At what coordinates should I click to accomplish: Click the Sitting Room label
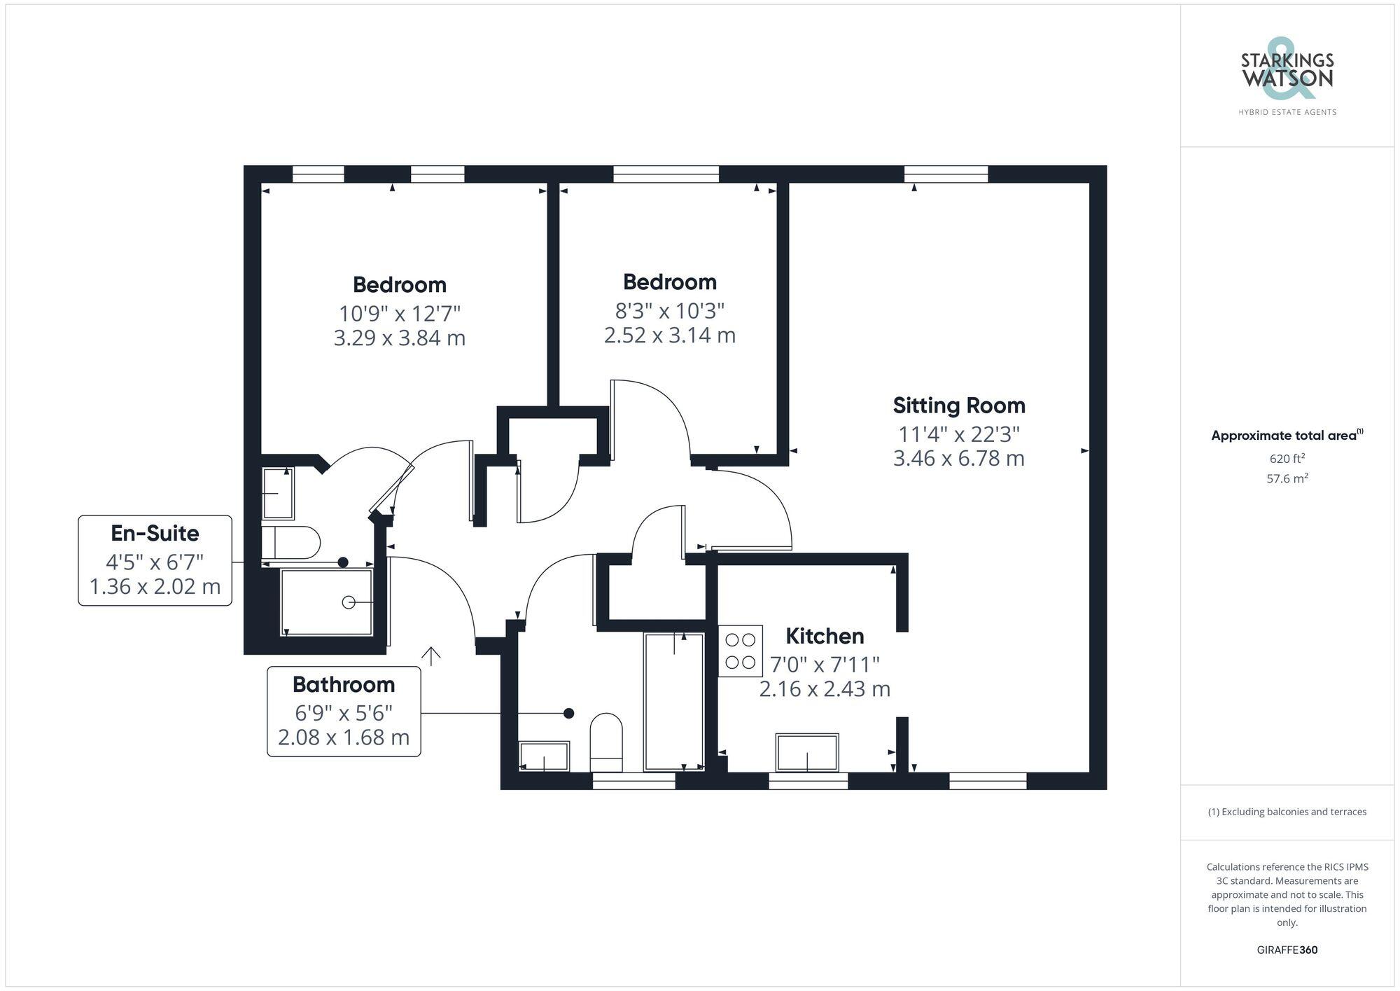coord(958,406)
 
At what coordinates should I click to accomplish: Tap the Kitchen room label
coord(825,636)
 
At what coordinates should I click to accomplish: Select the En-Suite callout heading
coord(155,534)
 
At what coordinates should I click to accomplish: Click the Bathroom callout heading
coord(344,684)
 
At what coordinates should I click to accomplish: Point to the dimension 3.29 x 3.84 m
coord(399,338)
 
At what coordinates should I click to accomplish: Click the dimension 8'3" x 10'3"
coord(669,310)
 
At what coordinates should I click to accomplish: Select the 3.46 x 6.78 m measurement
coord(958,459)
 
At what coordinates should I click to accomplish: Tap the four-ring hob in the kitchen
coord(740,651)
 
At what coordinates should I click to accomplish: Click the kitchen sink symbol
coord(807,753)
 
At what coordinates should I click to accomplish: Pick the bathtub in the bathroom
coord(673,702)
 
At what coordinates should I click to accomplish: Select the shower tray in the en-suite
coord(326,602)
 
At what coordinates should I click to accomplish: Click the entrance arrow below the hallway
coord(430,656)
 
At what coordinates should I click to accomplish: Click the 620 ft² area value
coord(1287,459)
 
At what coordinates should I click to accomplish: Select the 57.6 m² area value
coord(1287,479)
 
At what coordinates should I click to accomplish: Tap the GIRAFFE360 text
coord(1287,950)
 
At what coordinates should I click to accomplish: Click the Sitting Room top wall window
coord(946,174)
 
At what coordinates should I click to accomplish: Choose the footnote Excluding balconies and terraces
coord(1287,812)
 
